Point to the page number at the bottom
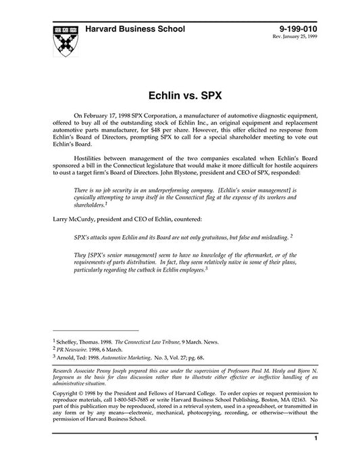pos(315,457)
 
